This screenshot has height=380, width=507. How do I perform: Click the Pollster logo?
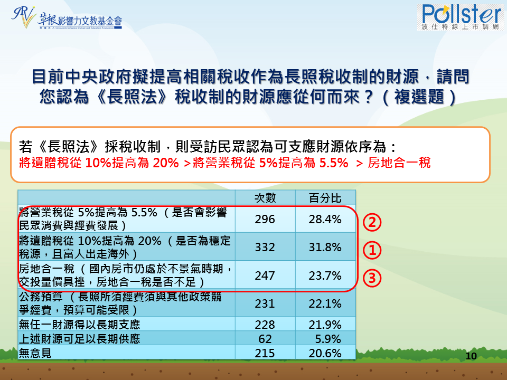tap(461, 17)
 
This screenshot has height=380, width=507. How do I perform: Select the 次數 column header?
tap(265, 198)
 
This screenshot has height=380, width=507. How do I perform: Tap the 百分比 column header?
tap(325, 198)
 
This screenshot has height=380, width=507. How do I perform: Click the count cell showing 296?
tap(265, 219)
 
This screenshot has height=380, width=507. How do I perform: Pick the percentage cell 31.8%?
tap(325, 247)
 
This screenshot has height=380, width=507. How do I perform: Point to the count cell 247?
tap(265, 275)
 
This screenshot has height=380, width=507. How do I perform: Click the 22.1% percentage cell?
tap(325, 304)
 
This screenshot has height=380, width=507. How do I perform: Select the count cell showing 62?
tap(265, 339)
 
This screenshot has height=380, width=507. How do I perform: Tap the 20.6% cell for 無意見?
tap(325, 353)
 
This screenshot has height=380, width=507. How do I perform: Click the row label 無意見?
tap(35, 353)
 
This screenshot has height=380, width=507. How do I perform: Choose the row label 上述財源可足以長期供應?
tap(80, 339)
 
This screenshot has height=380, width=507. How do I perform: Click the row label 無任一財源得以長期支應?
tap(80, 325)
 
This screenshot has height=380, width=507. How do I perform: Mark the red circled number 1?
tap(372, 250)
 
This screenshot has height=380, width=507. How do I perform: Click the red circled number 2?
tap(372, 222)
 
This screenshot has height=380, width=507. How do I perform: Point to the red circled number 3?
tap(372, 278)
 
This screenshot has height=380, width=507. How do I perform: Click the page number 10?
tap(471, 356)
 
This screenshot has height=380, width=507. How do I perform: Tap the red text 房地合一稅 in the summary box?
tap(399, 163)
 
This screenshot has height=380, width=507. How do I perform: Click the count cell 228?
tap(265, 325)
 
